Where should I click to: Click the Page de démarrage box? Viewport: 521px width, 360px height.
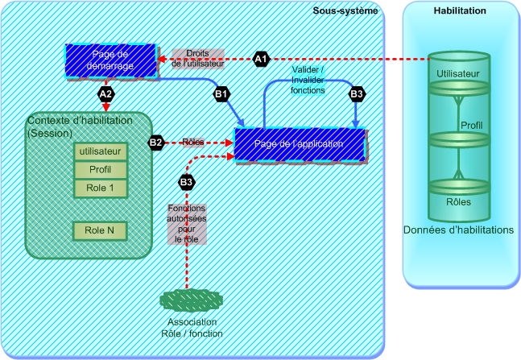point(110,60)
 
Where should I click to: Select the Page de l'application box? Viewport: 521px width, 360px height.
point(299,143)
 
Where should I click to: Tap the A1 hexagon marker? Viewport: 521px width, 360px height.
point(260,59)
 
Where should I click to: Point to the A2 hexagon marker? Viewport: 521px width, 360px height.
point(105,93)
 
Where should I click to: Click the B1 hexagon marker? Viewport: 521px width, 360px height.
point(221,94)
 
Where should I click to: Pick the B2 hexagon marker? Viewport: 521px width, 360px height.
point(156,143)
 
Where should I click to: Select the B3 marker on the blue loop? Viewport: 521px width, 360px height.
point(357,94)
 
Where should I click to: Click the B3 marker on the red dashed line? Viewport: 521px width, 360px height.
point(186,182)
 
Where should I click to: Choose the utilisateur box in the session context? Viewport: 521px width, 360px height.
point(101,151)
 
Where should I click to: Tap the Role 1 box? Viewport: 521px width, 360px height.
point(101,188)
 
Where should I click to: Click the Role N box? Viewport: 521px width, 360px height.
point(101,230)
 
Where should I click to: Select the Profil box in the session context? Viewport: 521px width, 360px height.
point(101,170)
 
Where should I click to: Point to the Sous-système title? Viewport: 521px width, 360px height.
point(345,10)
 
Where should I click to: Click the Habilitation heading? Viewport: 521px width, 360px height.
point(460,10)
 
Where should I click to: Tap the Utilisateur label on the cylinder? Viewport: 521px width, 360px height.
point(458,74)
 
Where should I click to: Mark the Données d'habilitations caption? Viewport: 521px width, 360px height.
point(458,230)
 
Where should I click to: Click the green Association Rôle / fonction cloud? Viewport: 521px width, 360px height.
point(190,300)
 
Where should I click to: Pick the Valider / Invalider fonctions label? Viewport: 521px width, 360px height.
point(308,81)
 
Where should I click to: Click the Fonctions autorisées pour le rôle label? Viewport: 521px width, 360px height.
point(186,224)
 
